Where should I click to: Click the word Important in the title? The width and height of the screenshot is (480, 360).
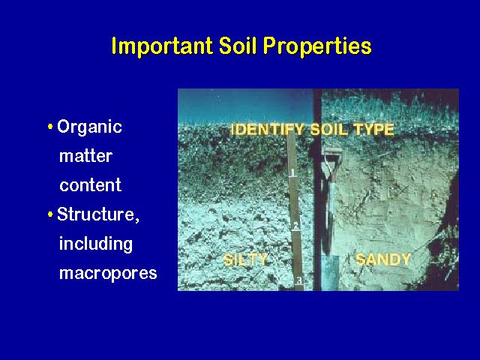tap(162, 46)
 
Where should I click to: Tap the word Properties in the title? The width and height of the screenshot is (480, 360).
tap(317, 46)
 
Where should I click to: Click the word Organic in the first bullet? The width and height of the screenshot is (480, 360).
tap(89, 127)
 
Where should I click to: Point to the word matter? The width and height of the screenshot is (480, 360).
tap(85, 156)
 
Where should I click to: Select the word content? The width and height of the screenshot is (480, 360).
tap(90, 185)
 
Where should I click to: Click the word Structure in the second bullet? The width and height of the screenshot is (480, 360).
tap(96, 214)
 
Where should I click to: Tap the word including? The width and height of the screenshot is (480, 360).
tap(96, 244)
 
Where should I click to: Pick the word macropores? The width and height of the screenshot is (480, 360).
tap(108, 273)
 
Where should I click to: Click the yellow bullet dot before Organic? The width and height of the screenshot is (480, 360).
tap(50, 127)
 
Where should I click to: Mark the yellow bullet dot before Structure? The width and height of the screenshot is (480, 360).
tap(50, 214)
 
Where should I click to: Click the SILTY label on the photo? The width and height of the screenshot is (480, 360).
tap(245, 260)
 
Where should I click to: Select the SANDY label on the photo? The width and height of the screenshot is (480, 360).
tap(383, 259)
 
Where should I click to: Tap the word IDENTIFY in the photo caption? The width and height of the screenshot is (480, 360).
tap(267, 129)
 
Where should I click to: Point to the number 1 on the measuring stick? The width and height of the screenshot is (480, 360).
tap(292, 172)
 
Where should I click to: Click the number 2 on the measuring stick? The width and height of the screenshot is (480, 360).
tap(296, 226)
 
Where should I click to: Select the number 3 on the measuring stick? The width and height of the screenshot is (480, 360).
tap(299, 280)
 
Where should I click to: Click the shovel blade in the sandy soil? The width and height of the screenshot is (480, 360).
tap(330, 272)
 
